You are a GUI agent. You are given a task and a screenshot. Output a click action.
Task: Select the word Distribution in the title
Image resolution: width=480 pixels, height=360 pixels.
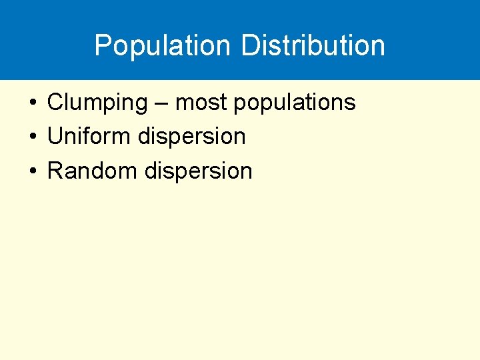(x=313, y=46)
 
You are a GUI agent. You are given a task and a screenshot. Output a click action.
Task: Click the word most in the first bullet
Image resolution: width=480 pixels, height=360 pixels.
(x=199, y=103)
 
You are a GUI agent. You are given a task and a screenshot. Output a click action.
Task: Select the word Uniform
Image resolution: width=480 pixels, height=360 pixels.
(x=89, y=137)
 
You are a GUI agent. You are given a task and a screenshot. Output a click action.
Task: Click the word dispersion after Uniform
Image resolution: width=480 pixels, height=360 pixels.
(x=192, y=137)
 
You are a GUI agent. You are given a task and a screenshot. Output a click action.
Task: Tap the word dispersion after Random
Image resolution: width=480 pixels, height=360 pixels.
(x=199, y=171)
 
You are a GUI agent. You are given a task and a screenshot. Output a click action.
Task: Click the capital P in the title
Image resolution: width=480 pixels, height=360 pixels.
(x=103, y=45)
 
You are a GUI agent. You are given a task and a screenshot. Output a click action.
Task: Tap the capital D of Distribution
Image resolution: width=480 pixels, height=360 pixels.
(x=249, y=45)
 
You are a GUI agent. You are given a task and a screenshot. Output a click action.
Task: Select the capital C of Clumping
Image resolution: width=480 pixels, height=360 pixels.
(x=55, y=103)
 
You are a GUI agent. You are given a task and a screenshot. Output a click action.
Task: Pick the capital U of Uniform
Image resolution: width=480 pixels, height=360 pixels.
(x=55, y=137)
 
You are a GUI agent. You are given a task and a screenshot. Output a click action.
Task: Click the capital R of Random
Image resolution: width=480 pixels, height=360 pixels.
(x=55, y=171)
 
